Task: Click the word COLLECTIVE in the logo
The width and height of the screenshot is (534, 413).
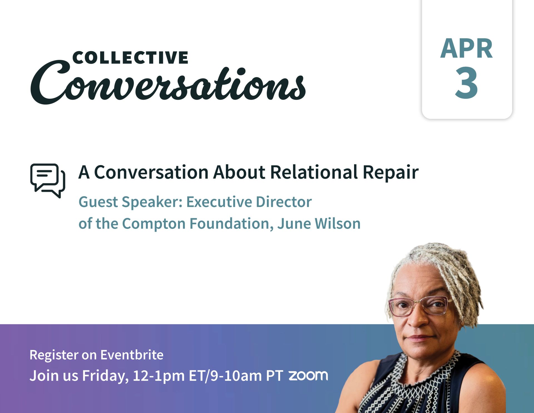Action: pyautogui.click(x=130, y=57)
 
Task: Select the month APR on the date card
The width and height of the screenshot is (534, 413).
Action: pyautogui.click(x=466, y=49)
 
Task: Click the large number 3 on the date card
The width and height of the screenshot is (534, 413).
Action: pyautogui.click(x=466, y=83)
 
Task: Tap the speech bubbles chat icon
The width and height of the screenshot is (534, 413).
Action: pyautogui.click(x=48, y=181)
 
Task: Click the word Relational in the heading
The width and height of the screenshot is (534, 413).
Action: pyautogui.click(x=314, y=172)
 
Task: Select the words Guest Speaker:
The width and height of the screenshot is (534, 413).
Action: pyautogui.click(x=130, y=202)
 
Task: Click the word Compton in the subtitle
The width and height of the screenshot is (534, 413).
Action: pyautogui.click(x=154, y=224)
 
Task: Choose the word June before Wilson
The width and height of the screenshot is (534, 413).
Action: pyautogui.click(x=294, y=224)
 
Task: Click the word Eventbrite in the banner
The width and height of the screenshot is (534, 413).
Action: pyautogui.click(x=132, y=355)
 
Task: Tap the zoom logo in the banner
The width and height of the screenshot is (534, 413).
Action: pyautogui.click(x=308, y=375)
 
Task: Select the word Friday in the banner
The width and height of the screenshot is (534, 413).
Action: pyautogui.click(x=105, y=376)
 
